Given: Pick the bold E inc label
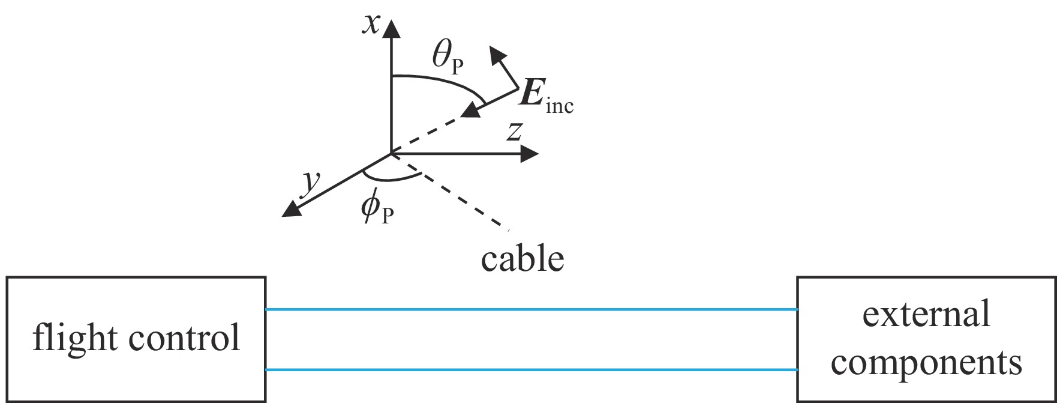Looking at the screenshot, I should [545, 97].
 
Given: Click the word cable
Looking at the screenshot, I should [523, 259].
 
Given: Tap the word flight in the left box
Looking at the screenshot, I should [71, 338].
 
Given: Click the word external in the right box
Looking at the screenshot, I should [926, 315].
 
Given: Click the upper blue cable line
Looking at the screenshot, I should [531, 309].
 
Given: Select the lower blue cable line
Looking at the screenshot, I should [531, 370].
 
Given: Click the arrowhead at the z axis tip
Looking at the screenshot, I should [530, 154].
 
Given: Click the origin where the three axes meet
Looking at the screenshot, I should [391, 154].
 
